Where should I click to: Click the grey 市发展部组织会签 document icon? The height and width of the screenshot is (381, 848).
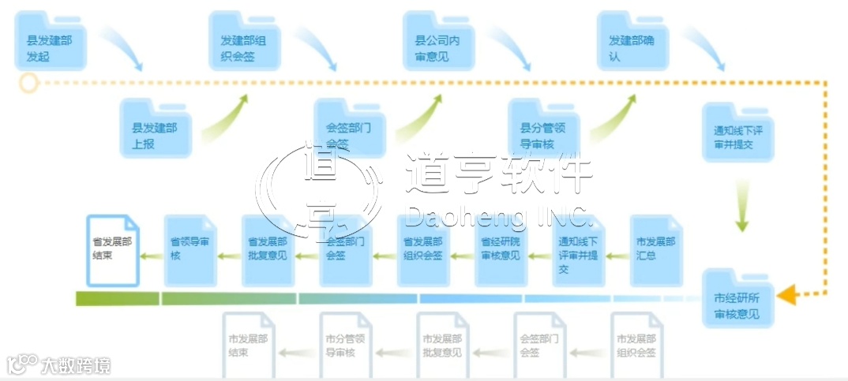coord(636,345)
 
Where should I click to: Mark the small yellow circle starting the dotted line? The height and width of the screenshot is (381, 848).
coord(29,82)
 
